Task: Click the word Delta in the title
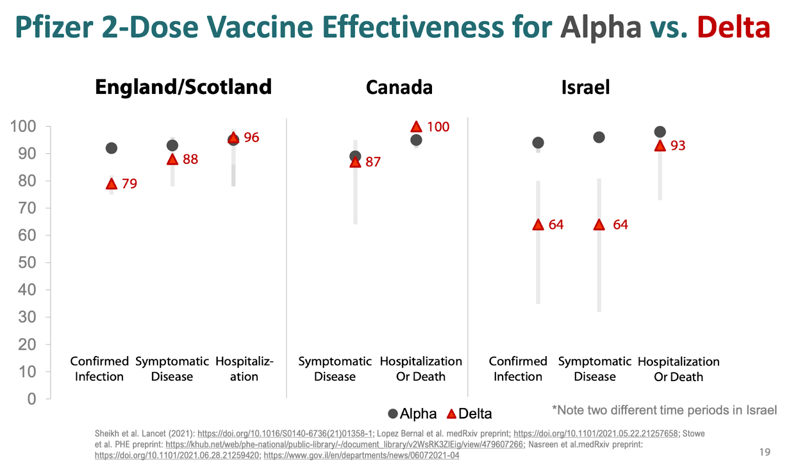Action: (x=733, y=27)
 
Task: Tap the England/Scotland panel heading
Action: (x=183, y=87)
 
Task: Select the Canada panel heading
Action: (x=399, y=87)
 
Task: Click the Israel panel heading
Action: (x=585, y=87)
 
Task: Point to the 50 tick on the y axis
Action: (x=27, y=262)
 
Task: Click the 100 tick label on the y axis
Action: (x=23, y=126)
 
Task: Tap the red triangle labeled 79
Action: (x=111, y=184)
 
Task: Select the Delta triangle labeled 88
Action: (x=172, y=160)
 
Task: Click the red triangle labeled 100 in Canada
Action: (x=416, y=127)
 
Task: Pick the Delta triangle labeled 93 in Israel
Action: (x=660, y=146)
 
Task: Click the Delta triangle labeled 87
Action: (x=355, y=162)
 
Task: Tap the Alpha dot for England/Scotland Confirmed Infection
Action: (x=111, y=148)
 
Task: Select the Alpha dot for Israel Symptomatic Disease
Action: (x=598, y=137)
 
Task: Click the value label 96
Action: (x=251, y=137)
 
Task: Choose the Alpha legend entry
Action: (x=412, y=414)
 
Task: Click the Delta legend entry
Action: (x=469, y=414)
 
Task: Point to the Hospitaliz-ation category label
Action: (x=244, y=369)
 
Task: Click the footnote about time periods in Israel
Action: (x=664, y=410)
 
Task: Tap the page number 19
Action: (x=764, y=452)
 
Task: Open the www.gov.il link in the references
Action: (x=361, y=456)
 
